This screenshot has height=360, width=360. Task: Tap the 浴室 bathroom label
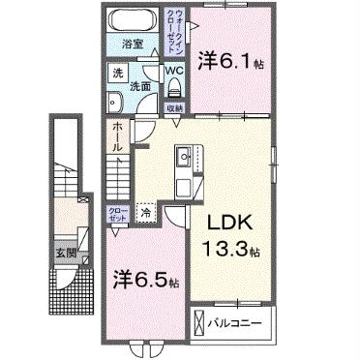coord(132,45)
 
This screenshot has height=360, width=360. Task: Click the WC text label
coord(173,70)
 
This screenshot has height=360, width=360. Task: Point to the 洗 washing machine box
coord(115,75)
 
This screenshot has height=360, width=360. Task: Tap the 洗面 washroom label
coord(139,87)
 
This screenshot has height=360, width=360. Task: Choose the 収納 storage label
coord(174,107)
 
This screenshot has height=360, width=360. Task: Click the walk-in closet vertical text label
coord(169,33)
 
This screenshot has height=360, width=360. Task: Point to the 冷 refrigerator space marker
coord(145,212)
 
